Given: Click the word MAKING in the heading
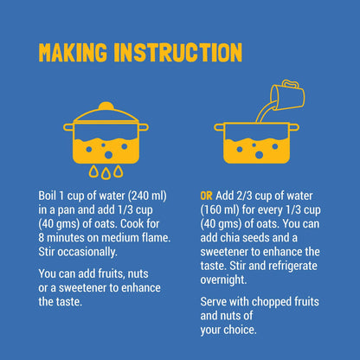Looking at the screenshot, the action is click(x=73, y=53).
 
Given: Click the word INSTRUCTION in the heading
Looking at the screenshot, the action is click(x=178, y=53).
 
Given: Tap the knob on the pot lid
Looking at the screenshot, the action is click(x=106, y=106).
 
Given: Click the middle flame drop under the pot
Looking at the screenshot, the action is click(x=106, y=173).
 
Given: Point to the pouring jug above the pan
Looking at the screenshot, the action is click(x=287, y=95).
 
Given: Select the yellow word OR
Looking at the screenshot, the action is click(x=206, y=196).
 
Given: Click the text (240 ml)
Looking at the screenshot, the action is click(x=147, y=196).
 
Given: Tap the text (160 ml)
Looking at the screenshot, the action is click(x=220, y=210).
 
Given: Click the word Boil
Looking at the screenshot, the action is click(x=47, y=196).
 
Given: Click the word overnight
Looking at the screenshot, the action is click(x=223, y=280).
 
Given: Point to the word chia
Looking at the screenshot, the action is click(x=230, y=238).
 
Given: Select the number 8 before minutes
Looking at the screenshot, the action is click(x=42, y=238).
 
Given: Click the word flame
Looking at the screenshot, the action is click(x=156, y=238).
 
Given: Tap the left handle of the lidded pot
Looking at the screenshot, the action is click(x=68, y=127).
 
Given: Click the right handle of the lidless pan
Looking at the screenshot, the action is click(x=294, y=127).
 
